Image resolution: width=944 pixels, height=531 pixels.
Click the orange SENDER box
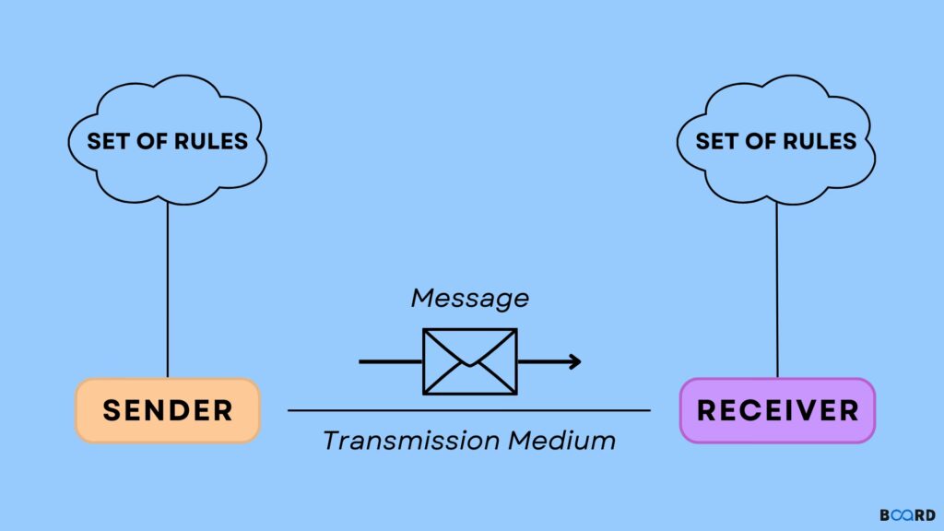168,410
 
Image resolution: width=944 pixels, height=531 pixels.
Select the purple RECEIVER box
777,410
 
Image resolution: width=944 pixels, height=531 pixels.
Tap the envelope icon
469,360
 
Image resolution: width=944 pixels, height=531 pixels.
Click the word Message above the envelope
470,299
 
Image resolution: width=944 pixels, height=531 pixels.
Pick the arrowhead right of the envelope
575,360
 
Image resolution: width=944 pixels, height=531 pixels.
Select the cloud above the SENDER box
168,141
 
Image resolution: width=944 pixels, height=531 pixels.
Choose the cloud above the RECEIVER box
776,141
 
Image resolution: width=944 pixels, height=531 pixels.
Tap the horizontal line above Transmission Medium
469,410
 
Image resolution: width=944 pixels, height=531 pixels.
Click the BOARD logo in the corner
906,514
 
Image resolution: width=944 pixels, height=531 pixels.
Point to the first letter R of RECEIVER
707,410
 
